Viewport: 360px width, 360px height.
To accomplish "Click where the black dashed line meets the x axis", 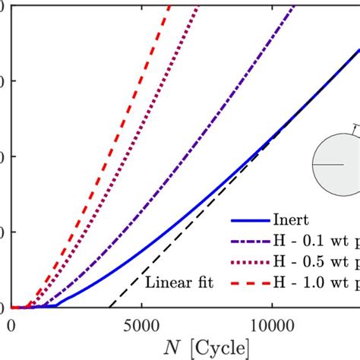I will tap(112, 308).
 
